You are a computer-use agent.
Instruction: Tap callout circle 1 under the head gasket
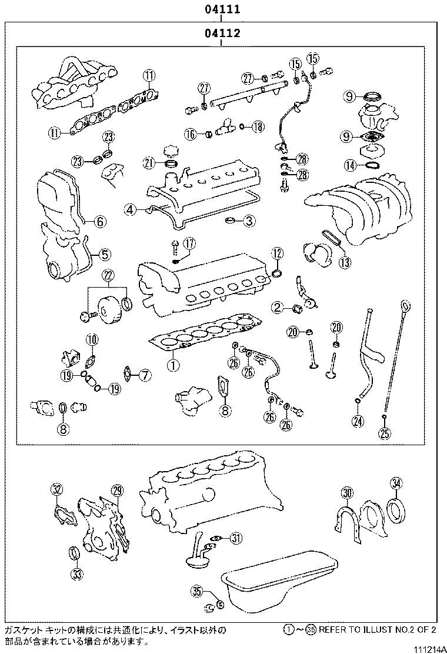172,364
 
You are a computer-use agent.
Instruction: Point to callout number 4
129,208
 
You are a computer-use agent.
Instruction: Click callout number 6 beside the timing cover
100,221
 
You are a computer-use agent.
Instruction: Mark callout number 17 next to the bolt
188,243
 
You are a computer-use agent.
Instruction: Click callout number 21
149,162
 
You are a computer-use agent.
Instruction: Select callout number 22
108,275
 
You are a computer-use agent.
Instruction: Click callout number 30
347,492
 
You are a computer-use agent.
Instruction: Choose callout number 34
396,483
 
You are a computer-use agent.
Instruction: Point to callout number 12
277,253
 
